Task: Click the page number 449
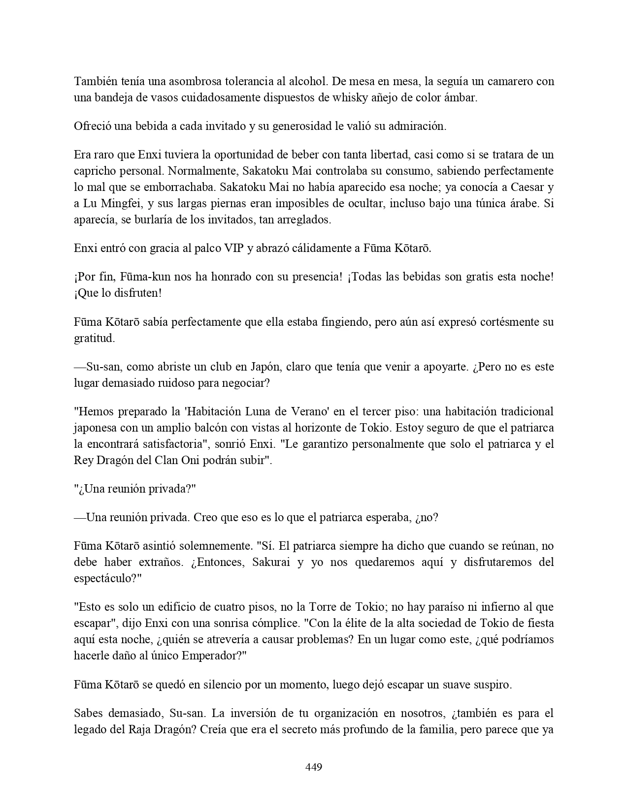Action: pos(314,767)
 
